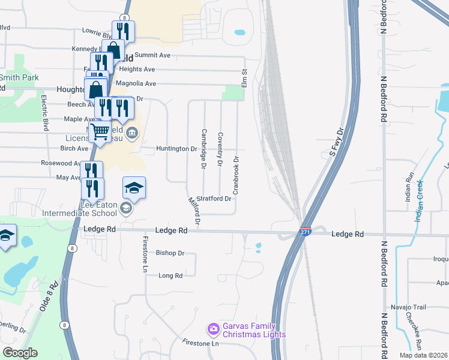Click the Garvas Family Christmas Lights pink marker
point(213,329)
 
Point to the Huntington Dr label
point(176,148)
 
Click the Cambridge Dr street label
point(204,148)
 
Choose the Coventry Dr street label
point(220,149)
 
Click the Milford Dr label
point(194,211)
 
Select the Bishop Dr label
point(170,253)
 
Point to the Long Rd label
point(170,275)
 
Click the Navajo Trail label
point(411,307)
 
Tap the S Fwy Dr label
point(336,142)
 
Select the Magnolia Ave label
point(136,83)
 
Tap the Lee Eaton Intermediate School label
point(79,208)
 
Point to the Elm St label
point(244,79)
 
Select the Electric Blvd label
point(45,113)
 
